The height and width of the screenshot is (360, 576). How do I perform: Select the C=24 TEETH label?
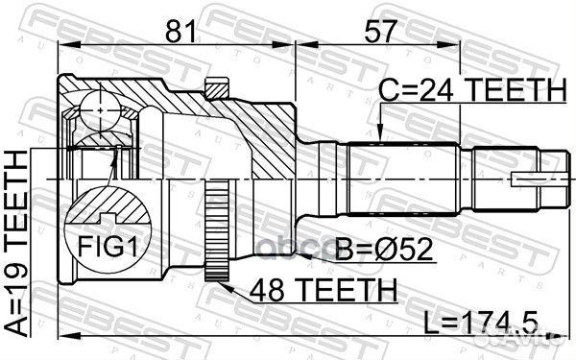(x=470, y=92)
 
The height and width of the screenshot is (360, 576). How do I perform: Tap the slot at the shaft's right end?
(x=536, y=180)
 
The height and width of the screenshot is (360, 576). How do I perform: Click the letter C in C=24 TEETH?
(x=389, y=92)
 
